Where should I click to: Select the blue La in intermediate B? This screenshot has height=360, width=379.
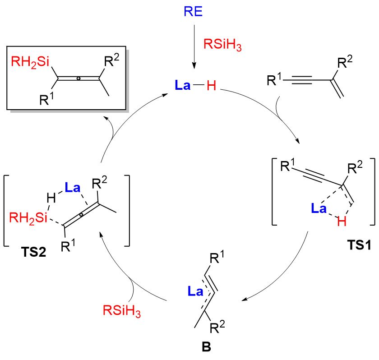(194, 292)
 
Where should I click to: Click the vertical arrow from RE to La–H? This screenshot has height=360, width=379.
(193, 45)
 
